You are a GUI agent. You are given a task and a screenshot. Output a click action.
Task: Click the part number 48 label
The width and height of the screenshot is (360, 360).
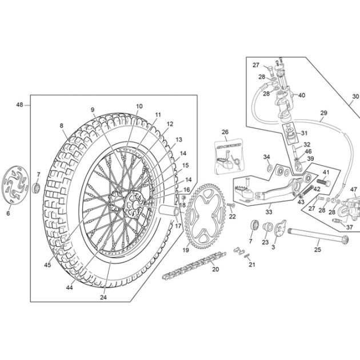click(x=19, y=105)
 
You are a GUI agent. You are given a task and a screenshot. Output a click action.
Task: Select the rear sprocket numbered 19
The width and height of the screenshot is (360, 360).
click(x=205, y=216)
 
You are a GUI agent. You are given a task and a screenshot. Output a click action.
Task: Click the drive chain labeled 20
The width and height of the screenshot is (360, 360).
click(x=194, y=266)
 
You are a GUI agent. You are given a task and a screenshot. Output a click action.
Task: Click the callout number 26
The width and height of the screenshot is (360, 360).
click(x=225, y=132)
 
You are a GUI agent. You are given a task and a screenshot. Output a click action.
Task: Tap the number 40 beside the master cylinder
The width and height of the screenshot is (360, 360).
click(x=302, y=95)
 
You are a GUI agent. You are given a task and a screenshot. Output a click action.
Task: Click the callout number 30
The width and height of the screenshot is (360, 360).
click(x=355, y=97)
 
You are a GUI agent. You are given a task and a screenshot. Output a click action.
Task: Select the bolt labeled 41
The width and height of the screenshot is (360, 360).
click(x=323, y=182)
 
